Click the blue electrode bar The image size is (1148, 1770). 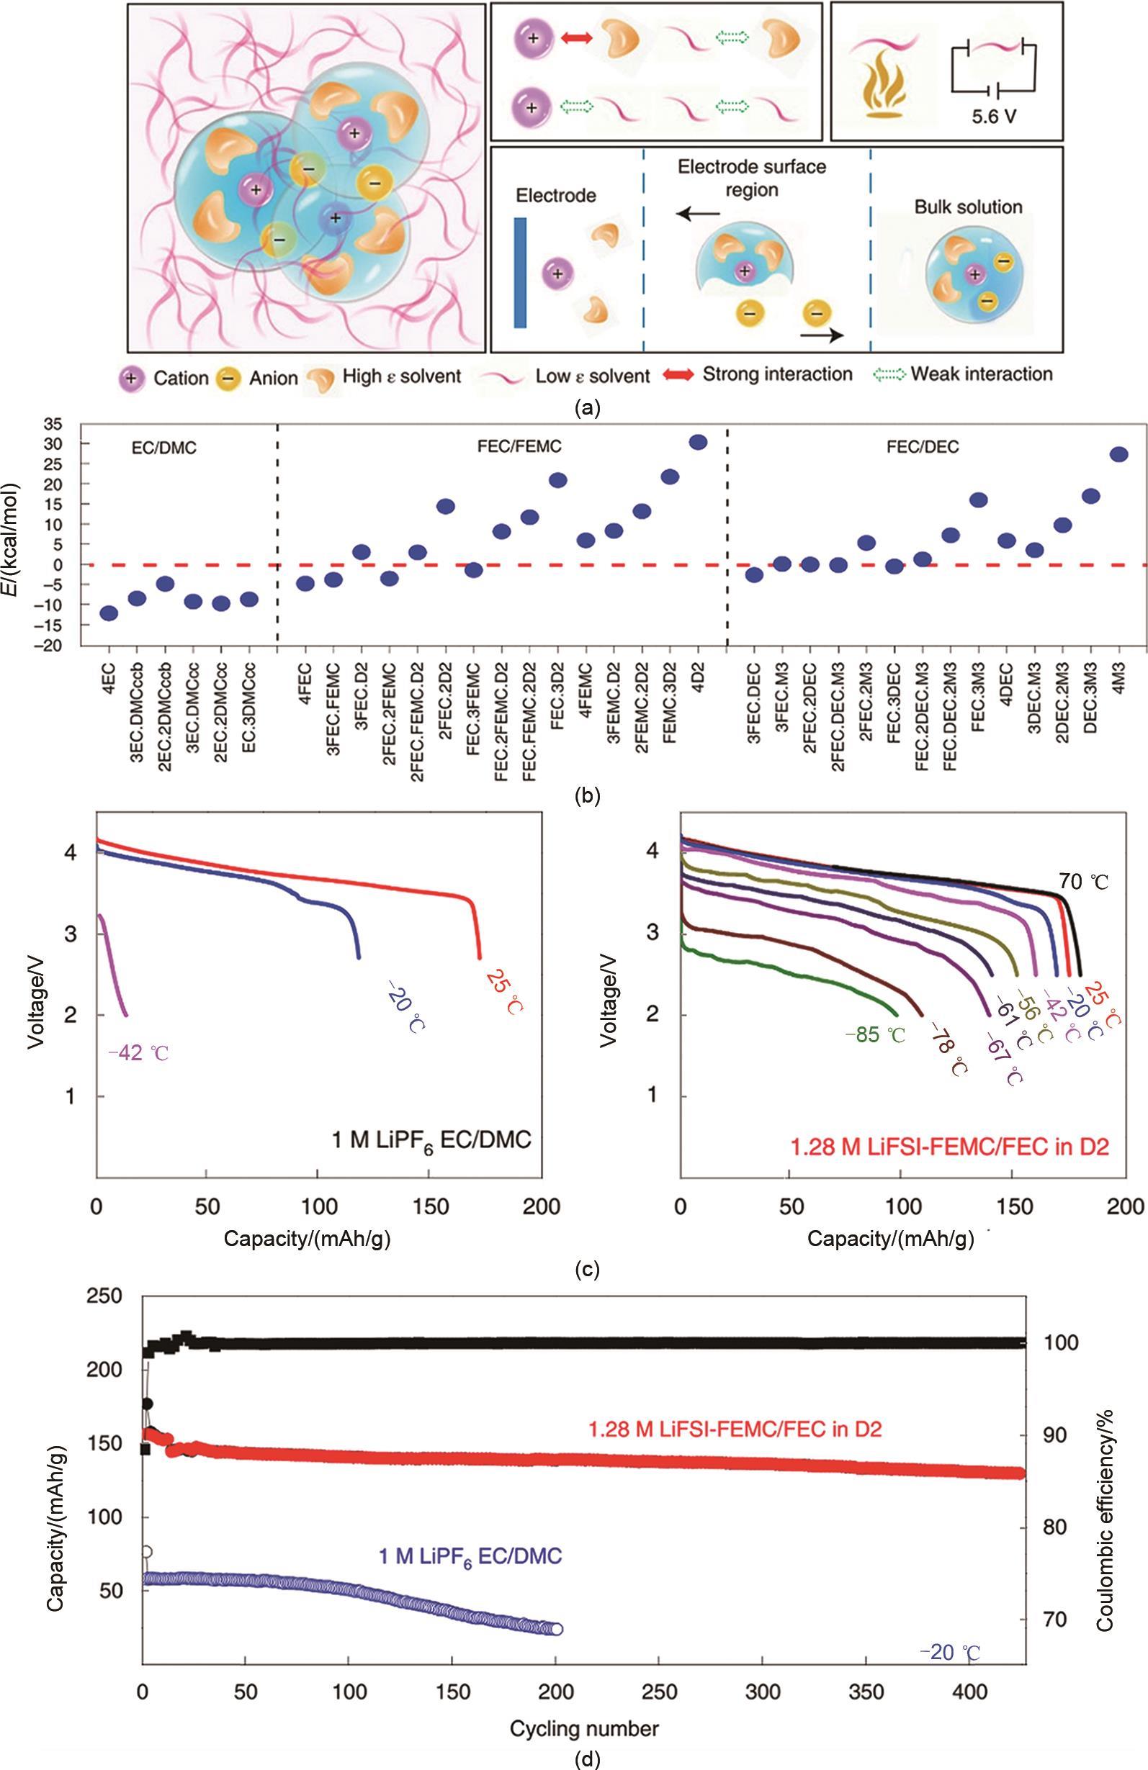pyautogui.click(x=520, y=272)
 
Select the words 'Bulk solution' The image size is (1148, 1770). pyautogui.click(x=968, y=207)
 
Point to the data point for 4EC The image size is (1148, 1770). pyautogui.click(x=109, y=613)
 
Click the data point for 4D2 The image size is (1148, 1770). pyautogui.click(x=698, y=443)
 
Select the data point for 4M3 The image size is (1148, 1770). pyautogui.click(x=1118, y=454)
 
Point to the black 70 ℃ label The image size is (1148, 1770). pyautogui.click(x=1083, y=882)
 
